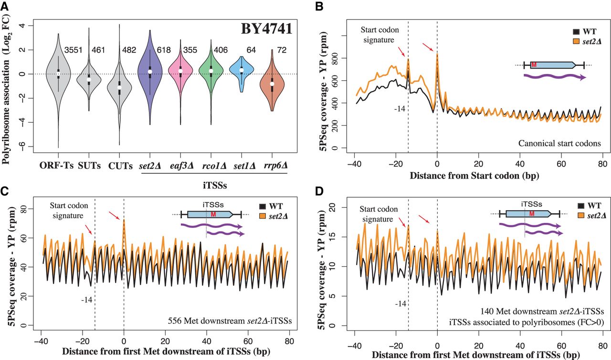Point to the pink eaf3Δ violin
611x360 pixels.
(x=179, y=72)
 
